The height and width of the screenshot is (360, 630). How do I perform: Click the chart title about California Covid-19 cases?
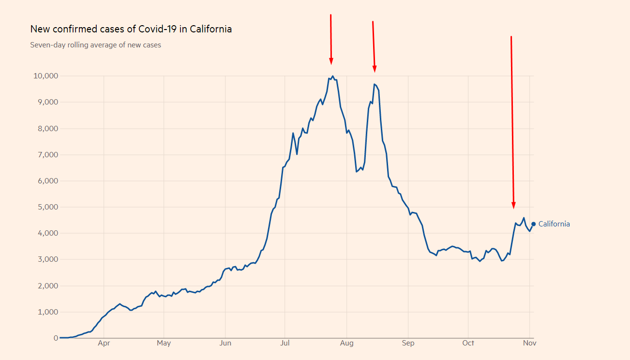131,29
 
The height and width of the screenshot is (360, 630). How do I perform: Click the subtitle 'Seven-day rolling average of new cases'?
95,45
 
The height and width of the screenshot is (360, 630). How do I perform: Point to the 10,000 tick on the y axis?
45,76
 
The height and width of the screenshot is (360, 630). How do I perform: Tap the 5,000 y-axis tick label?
46,207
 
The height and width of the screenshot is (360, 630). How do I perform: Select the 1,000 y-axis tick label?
46,312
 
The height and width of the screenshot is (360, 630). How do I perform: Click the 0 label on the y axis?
56,338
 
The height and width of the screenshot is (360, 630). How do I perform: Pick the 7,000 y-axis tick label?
46,155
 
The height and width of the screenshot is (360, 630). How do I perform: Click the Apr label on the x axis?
104,344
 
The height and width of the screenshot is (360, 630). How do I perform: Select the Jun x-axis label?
225,344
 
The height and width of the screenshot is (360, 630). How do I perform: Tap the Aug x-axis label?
346,344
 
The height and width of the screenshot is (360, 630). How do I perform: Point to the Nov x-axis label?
529,344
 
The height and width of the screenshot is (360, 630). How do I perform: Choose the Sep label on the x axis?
408,344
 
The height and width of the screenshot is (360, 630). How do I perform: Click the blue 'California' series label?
554,224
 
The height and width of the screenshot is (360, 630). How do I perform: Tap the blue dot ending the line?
533,224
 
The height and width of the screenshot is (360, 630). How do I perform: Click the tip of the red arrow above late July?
331,63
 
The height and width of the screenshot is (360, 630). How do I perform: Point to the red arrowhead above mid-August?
375,71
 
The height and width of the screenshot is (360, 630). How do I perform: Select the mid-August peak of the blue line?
375,84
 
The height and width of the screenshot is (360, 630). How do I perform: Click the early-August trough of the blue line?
357,171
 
